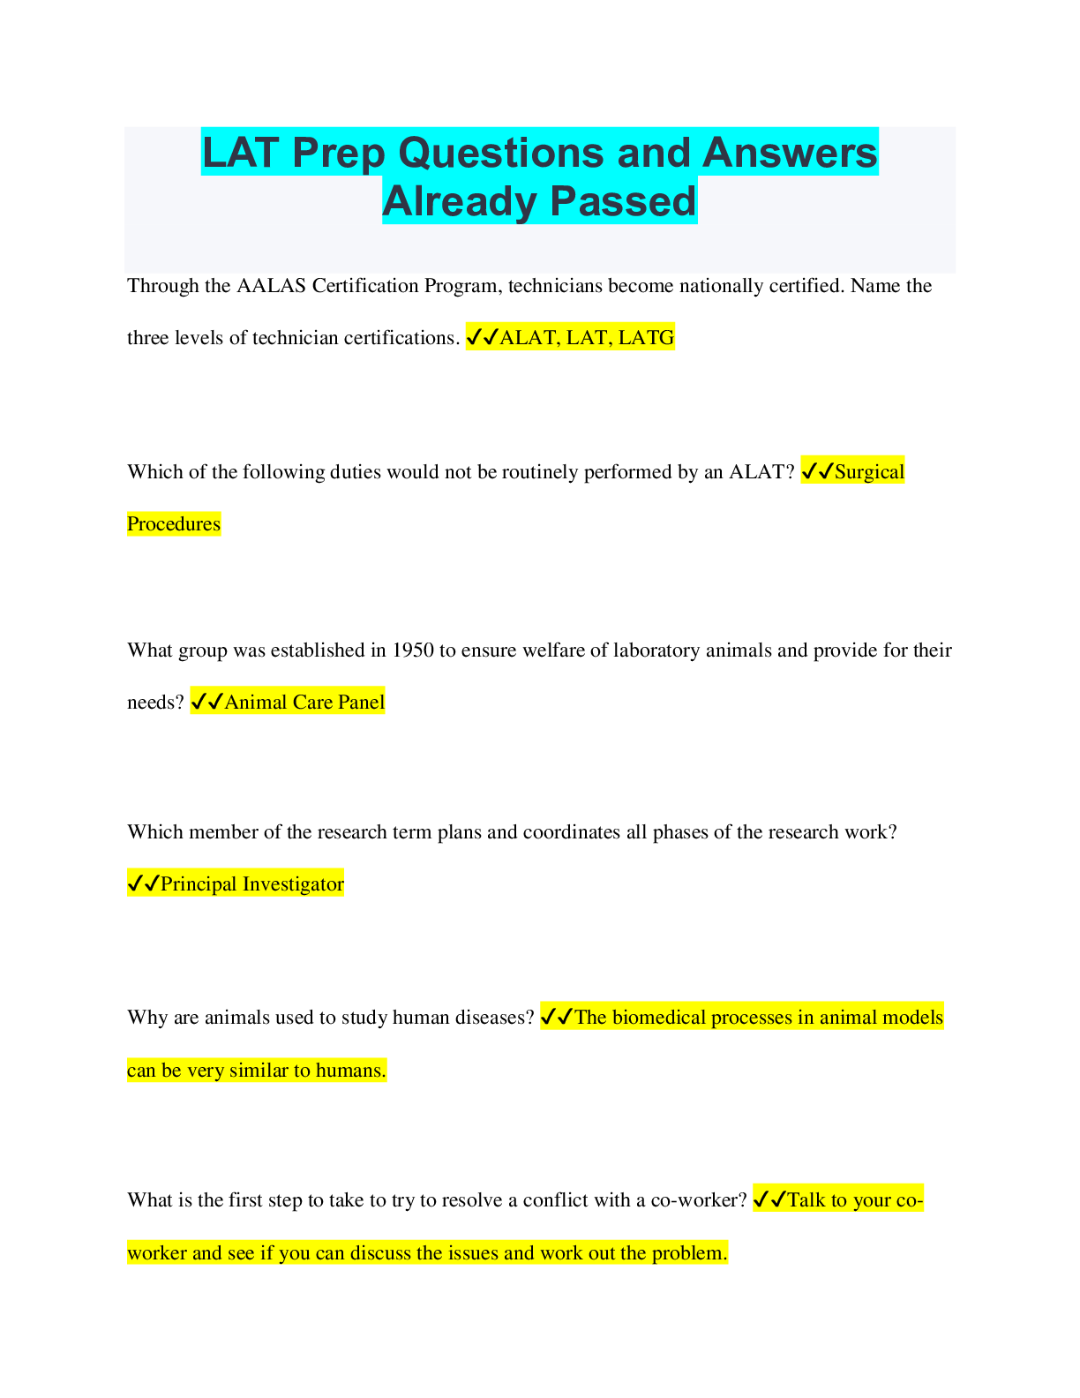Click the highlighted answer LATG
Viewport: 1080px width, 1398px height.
pos(646,337)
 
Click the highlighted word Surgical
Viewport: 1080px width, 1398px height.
pos(869,472)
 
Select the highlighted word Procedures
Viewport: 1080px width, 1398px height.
pos(174,524)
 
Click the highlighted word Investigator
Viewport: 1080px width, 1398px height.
pos(293,884)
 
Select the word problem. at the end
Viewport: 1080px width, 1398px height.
pos(689,1253)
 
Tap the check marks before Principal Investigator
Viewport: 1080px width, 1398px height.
pos(143,884)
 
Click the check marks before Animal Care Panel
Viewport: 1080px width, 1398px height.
pos(206,703)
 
